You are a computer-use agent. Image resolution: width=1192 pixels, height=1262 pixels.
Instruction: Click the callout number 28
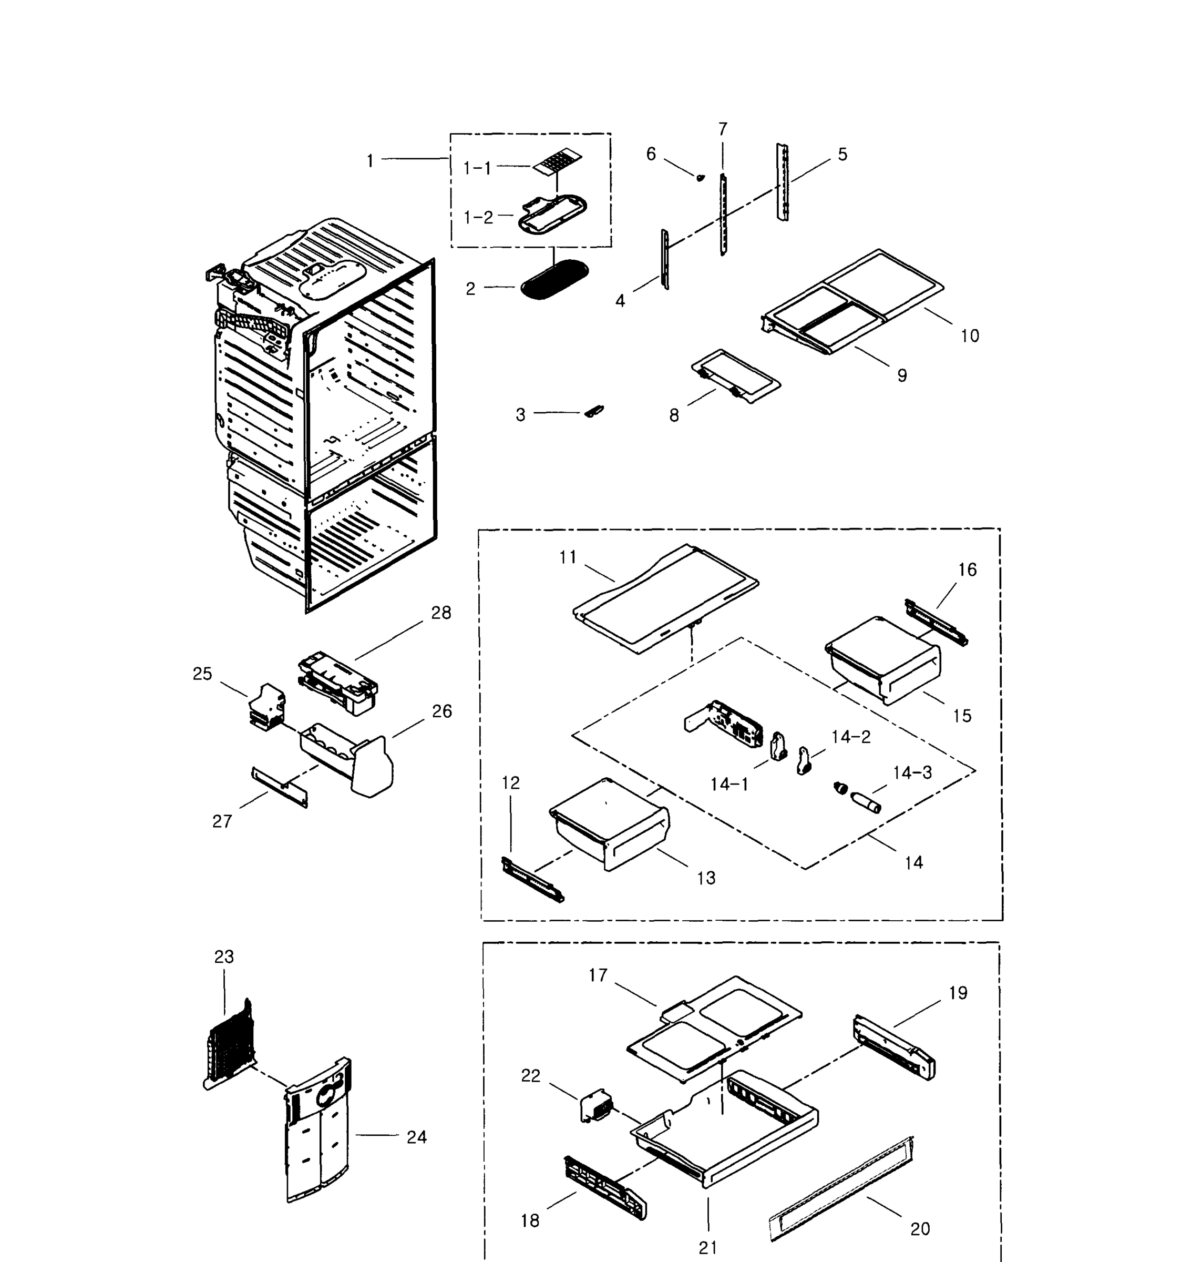(x=441, y=613)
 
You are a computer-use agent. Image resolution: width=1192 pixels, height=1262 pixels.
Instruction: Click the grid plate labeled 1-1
(x=558, y=164)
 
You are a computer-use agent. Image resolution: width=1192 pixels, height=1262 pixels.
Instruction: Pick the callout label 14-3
(x=912, y=773)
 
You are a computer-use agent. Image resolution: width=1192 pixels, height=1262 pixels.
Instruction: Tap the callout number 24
(x=416, y=1137)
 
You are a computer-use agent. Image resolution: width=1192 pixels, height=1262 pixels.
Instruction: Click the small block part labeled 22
(x=597, y=1108)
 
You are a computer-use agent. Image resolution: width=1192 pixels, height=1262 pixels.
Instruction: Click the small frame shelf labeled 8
(x=735, y=376)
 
